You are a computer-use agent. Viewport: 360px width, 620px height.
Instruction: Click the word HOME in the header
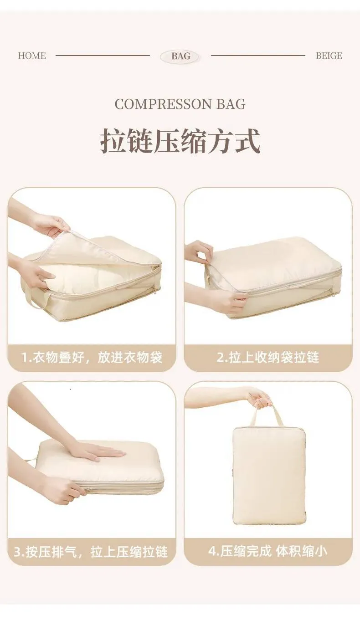pyautogui.click(x=32, y=56)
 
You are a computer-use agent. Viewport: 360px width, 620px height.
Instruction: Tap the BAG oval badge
pyautogui.click(x=180, y=56)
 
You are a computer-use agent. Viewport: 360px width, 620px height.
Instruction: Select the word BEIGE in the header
pyautogui.click(x=329, y=56)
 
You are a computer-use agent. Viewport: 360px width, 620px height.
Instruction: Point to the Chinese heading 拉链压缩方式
pyautogui.click(x=180, y=141)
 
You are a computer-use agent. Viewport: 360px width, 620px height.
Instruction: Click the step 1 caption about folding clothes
pyautogui.click(x=92, y=357)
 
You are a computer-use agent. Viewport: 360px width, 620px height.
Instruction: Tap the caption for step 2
pyautogui.click(x=268, y=357)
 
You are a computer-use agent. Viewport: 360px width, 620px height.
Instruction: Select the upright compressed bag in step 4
pyautogui.click(x=269, y=468)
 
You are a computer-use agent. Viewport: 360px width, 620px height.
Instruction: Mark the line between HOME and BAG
pyautogui.click(x=103, y=56)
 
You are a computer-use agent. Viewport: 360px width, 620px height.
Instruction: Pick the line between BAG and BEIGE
pyautogui.click(x=258, y=56)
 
